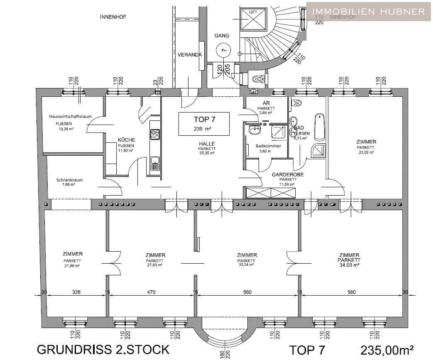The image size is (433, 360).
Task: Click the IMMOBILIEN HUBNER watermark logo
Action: [x=369, y=11]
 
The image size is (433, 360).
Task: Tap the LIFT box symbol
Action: [x=253, y=20]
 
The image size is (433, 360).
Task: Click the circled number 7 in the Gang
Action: [x=224, y=50]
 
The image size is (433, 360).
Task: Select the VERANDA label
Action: [x=190, y=55]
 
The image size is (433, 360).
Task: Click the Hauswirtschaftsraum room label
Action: [x=70, y=117]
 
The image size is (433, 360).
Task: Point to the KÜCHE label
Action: [x=126, y=140]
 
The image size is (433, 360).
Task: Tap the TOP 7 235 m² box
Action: [x=204, y=123]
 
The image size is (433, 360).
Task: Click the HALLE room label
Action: [x=206, y=144]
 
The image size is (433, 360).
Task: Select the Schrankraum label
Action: [x=69, y=180]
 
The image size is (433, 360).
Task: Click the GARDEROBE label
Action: [x=287, y=175]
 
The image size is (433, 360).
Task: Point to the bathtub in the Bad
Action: [x=319, y=126]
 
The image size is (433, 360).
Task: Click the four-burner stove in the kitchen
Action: [x=155, y=134]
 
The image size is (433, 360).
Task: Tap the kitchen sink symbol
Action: [x=155, y=164]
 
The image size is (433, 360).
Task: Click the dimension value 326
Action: [x=76, y=292]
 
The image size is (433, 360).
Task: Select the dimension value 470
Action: [x=151, y=292]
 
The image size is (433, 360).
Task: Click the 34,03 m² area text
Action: [x=349, y=264]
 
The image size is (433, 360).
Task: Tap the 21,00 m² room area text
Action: [x=72, y=265]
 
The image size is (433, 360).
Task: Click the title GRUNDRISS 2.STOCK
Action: [x=103, y=349]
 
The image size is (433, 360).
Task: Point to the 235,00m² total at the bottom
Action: [x=387, y=350]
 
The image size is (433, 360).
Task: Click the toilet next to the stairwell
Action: [x=257, y=78]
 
